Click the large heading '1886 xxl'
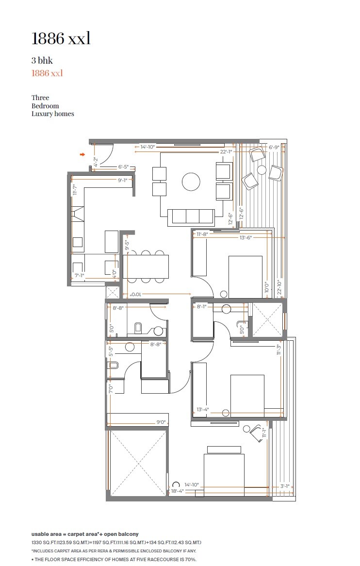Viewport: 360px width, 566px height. pos(61,39)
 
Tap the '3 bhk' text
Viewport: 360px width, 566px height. pos(42,61)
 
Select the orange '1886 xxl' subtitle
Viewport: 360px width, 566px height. pos(47,73)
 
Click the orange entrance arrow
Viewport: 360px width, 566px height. pos(82,155)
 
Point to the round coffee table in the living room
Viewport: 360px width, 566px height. pos(191,182)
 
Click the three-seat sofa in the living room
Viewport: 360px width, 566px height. pos(191,217)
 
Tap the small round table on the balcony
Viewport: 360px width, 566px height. pos(262,170)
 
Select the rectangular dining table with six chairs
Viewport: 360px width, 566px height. pos(146,266)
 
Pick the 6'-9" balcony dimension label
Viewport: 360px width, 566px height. pos(275,147)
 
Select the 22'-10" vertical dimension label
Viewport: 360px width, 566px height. pos(279,287)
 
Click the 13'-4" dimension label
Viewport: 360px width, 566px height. pos(203,410)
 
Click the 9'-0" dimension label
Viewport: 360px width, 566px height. pos(161,422)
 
